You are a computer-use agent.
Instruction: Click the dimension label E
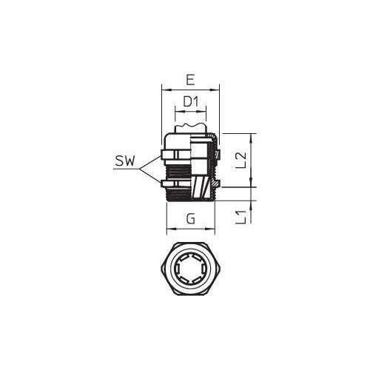(x=191, y=79)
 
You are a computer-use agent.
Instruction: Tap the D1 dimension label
(x=190, y=101)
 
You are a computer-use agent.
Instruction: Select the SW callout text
(x=125, y=161)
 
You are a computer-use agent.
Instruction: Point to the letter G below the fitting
(x=191, y=219)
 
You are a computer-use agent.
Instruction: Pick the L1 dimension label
(x=239, y=217)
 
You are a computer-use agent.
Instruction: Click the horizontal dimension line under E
(x=191, y=90)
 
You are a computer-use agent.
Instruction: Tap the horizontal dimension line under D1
(x=190, y=111)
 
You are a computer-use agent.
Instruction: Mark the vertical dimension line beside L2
(x=253, y=161)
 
